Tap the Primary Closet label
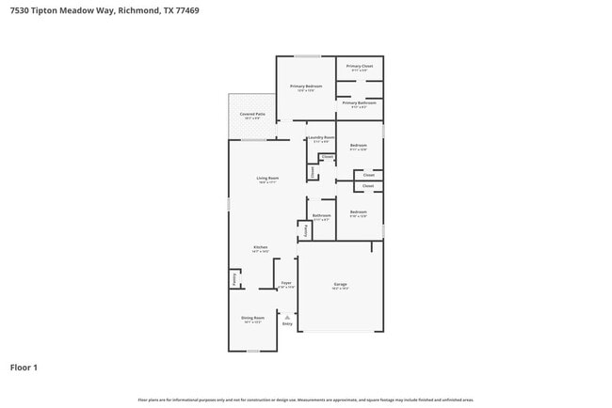click(x=360, y=67)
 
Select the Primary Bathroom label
click(x=360, y=102)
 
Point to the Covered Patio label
click(x=252, y=115)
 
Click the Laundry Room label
click(x=322, y=138)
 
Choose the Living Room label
click(x=267, y=178)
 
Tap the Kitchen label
click(x=260, y=247)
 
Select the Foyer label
click(x=287, y=283)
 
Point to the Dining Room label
click(x=251, y=319)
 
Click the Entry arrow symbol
click(x=287, y=317)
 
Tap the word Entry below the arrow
click(x=287, y=324)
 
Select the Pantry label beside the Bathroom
click(x=305, y=228)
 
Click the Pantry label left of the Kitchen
click(x=234, y=279)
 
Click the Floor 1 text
click(x=24, y=367)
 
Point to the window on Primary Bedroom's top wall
click(x=306, y=55)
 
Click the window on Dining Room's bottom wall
click(x=252, y=352)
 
